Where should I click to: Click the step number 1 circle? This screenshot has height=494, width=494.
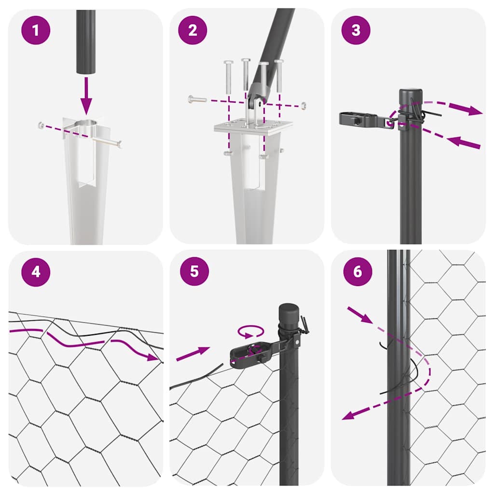35,30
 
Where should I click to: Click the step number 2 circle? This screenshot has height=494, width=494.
192,30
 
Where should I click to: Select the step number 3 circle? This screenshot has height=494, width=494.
356,30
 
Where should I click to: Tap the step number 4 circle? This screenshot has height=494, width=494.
35,272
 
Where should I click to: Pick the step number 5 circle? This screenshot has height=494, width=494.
194,272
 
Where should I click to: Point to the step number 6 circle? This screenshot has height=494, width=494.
357,272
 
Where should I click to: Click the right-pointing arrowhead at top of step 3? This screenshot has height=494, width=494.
475,111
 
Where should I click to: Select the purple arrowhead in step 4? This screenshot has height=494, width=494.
153,357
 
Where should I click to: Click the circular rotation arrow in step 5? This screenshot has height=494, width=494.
251,332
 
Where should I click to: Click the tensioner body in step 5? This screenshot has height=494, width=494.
248,354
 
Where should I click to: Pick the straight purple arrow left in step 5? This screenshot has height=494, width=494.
192,355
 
